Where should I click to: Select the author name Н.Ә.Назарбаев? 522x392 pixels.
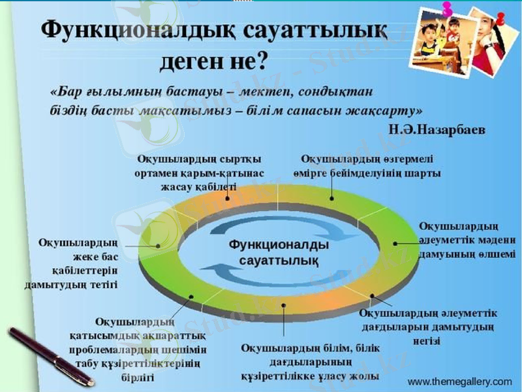pyautogui.click(x=437, y=129)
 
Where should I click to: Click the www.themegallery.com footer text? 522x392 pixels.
pyautogui.click(x=459, y=380)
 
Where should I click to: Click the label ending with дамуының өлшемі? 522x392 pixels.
pyautogui.click(x=467, y=240)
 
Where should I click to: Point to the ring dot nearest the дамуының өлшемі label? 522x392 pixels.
pyautogui.click(x=395, y=243)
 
